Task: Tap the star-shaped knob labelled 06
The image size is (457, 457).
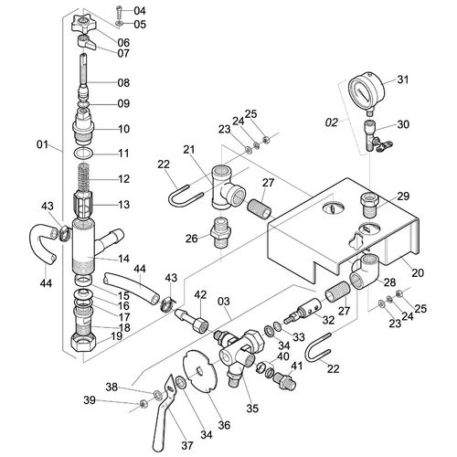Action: coord(83,25)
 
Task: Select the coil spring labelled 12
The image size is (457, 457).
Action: coord(83,177)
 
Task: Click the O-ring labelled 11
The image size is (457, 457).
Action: coord(83,153)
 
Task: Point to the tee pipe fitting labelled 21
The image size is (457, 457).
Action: coord(227,187)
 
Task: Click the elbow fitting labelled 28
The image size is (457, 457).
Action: coord(364,271)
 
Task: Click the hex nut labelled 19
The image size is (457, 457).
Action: coord(83,343)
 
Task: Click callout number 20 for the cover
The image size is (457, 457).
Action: coord(418,272)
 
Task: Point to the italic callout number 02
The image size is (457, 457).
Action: coord(332,122)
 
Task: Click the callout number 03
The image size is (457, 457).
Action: coord(224,302)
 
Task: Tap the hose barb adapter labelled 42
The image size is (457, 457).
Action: coord(193,319)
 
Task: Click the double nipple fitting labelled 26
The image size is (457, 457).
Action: coord(221,232)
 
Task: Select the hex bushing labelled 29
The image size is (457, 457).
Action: coord(369,205)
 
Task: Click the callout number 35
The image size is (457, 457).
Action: coord(252,409)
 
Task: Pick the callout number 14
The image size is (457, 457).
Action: coord(123,259)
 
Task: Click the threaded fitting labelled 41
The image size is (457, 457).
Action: coord(284,381)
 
